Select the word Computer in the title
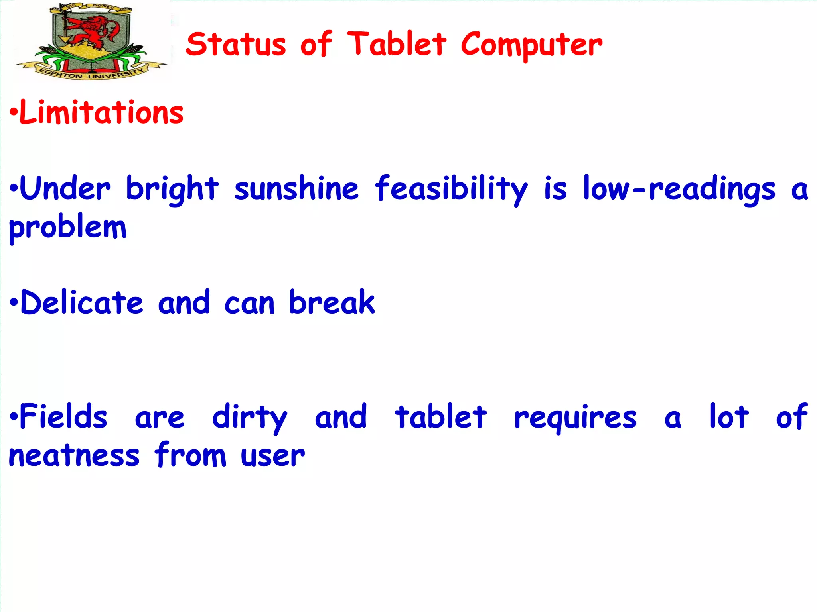[531, 45]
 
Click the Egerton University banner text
[91, 74]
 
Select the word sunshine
[296, 188]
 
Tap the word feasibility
[451, 189]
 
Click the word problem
[68, 228]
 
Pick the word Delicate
[81, 302]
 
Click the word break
[332, 302]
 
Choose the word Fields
[63, 416]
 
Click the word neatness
[74, 455]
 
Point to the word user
[273, 456]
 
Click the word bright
[172, 189]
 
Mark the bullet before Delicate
[14, 303]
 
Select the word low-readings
[679, 189]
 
